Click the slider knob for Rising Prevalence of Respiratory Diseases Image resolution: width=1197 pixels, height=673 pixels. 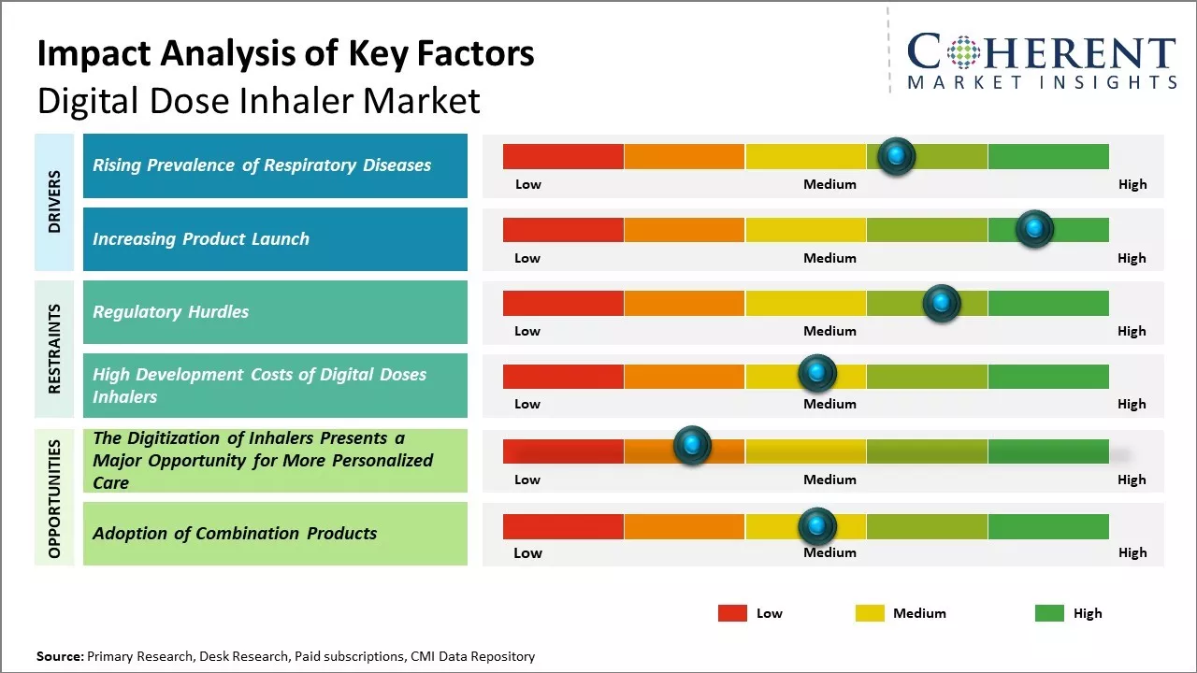point(897,156)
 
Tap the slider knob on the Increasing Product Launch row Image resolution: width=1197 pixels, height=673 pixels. point(1034,229)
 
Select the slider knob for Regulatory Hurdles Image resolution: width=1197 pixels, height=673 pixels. point(942,303)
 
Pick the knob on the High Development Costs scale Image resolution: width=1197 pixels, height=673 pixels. point(817,374)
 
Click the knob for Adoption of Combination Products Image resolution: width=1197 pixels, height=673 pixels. point(817,526)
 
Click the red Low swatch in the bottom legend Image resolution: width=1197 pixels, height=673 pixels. point(732,613)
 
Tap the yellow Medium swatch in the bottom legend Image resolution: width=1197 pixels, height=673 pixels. point(870,613)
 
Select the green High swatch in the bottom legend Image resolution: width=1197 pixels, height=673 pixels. point(1049,613)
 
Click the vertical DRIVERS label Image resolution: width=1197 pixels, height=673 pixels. point(54,201)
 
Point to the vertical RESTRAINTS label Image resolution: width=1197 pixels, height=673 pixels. point(54,349)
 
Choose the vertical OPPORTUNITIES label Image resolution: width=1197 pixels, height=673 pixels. point(54,498)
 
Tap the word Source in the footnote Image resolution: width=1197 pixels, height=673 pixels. point(59,656)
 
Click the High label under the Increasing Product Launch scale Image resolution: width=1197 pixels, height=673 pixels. point(1132,258)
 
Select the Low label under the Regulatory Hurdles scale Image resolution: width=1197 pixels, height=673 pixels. point(527,331)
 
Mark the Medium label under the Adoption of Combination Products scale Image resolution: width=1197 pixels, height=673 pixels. point(829,552)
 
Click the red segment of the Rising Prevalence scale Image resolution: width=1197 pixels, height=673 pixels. point(563,156)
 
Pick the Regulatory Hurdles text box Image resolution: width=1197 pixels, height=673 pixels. point(275,312)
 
